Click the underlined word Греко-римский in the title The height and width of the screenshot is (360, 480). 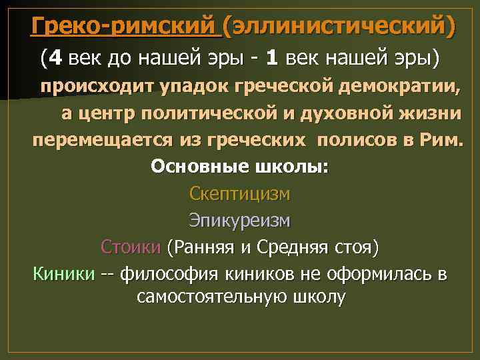click(x=125, y=26)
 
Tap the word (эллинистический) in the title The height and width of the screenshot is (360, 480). click(x=339, y=26)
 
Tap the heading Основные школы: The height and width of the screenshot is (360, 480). click(x=240, y=166)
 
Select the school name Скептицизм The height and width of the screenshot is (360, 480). click(x=240, y=194)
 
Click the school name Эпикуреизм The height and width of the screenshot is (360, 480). click(x=240, y=221)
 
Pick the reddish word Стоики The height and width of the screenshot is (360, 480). click(x=131, y=247)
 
